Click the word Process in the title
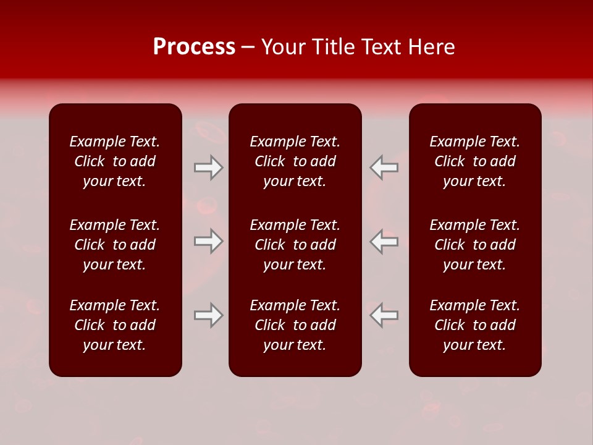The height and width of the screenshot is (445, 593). coord(194,47)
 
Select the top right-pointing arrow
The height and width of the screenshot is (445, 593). coord(209,167)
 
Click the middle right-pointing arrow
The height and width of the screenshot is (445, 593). coord(209,241)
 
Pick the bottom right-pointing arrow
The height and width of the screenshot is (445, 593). coord(209,315)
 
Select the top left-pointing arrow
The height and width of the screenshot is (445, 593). coord(384,167)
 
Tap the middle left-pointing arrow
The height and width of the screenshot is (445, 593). coord(384,241)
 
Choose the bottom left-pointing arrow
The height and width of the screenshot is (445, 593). coord(384,315)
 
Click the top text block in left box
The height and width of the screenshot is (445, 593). coord(115,161)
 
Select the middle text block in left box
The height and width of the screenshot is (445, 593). coord(115,245)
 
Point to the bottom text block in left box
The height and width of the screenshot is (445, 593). coord(115,325)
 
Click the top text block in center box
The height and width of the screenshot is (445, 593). coord(295,161)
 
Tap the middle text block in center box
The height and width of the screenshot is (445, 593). coord(295,245)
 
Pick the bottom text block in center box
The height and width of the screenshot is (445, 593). coord(295,325)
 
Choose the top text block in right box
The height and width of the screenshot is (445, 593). coord(475,161)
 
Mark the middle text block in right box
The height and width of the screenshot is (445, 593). coord(475,245)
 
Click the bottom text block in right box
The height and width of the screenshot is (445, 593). coord(475,325)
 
